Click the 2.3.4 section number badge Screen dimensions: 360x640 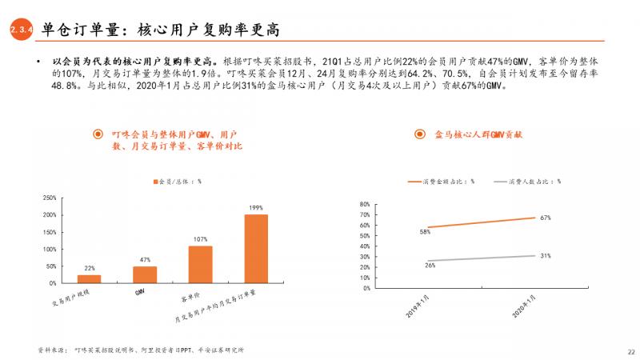(20, 30)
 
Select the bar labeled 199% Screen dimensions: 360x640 (256, 249)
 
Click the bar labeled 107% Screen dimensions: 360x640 (200, 264)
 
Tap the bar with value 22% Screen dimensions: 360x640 (89, 278)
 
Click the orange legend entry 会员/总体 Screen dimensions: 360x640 (176, 181)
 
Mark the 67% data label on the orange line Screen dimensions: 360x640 (545, 218)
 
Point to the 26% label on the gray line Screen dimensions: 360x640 (430, 265)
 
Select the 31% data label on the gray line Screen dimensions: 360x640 (545, 255)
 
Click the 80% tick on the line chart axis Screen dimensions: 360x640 (365, 203)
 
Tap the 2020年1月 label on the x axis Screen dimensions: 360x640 (525, 305)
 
